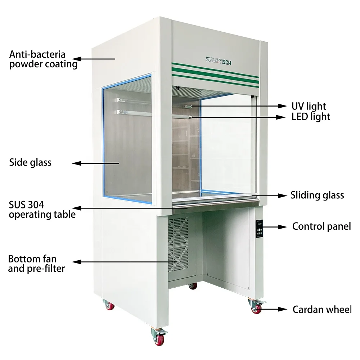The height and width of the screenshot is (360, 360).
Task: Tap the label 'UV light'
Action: (309, 106)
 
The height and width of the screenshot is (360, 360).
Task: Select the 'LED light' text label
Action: (311, 117)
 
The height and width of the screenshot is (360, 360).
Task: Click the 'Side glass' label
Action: (30, 162)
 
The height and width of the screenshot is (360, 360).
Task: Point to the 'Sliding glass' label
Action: (317, 195)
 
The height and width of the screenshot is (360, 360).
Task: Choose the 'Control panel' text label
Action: (321, 226)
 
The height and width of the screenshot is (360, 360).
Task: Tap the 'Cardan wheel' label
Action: (322, 309)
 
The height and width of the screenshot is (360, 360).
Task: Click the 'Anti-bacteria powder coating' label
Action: (43, 59)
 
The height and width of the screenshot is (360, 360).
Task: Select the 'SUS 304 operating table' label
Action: (42, 210)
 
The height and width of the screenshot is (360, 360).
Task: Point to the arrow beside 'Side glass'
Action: (95, 163)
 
